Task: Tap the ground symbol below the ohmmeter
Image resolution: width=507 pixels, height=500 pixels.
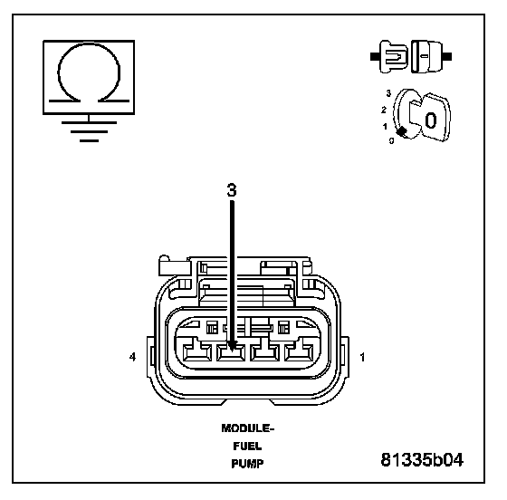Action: coord(89,131)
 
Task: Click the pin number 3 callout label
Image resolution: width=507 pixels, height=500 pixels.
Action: coord(232,190)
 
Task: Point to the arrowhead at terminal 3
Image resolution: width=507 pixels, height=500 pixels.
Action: coord(232,346)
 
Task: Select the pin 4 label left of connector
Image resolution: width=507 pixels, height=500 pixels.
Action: coord(132,357)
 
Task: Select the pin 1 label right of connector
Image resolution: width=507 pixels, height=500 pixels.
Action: coord(362,357)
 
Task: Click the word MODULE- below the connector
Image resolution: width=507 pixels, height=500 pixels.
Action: coord(248,428)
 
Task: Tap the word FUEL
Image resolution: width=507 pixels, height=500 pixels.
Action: coord(247,447)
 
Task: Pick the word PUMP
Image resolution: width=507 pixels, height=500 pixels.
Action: coord(247,464)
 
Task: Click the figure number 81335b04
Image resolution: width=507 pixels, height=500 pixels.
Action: coord(422,459)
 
